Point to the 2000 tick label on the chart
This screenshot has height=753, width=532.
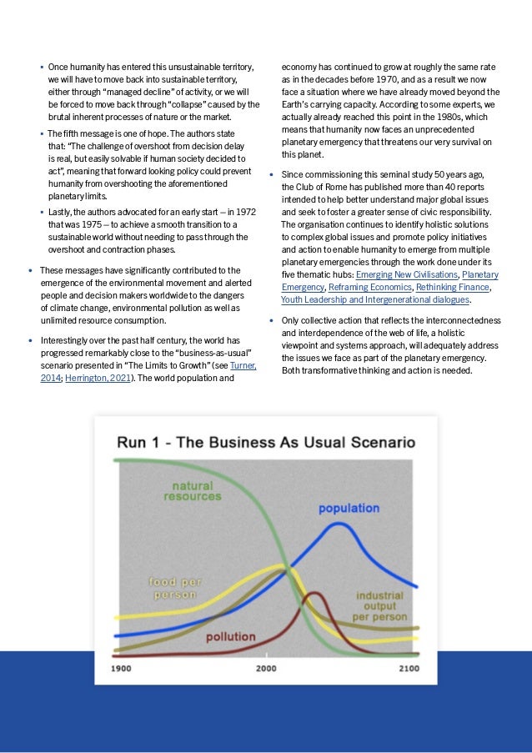(266, 668)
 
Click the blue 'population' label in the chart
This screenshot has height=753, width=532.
(349, 508)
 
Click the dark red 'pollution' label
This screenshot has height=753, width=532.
(230, 636)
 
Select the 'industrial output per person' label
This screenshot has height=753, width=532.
(379, 606)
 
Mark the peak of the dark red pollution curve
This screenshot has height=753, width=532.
(314, 593)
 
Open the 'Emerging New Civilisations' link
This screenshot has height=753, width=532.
(407, 274)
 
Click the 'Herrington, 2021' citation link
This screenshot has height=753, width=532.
(98, 378)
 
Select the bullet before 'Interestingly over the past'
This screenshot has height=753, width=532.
(31, 341)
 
